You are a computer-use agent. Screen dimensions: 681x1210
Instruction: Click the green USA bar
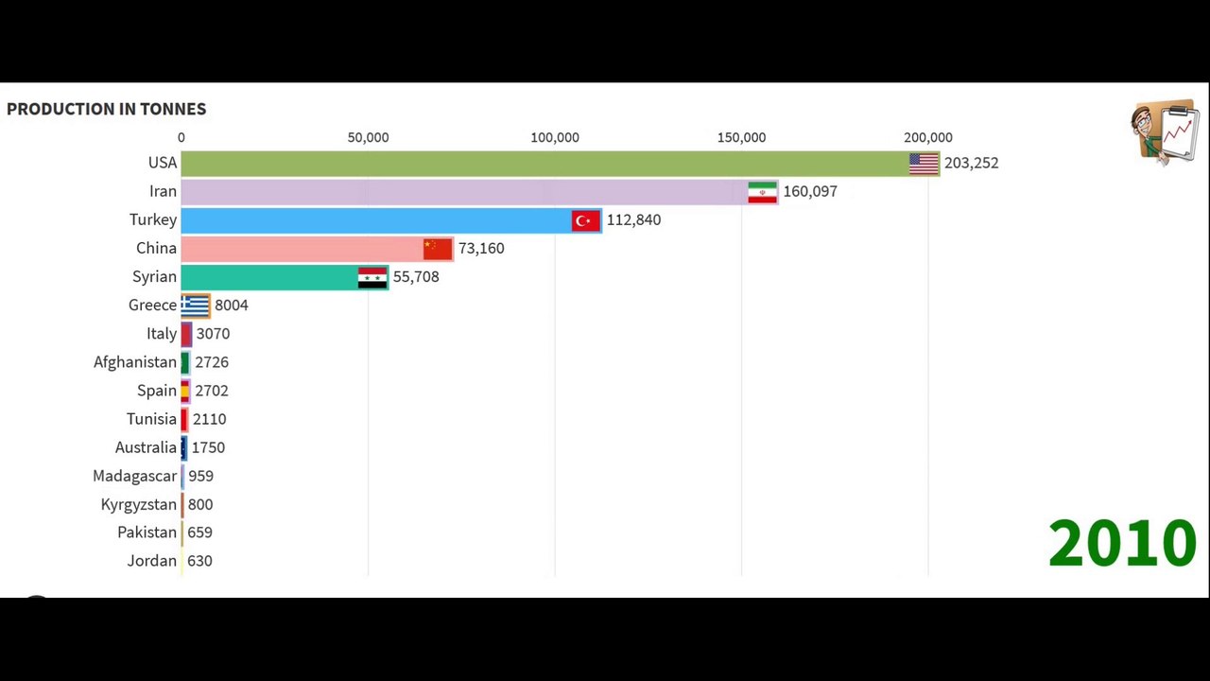[x=544, y=163]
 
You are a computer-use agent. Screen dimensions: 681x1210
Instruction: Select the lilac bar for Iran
[x=463, y=191]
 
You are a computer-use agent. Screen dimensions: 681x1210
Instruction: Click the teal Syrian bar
[x=268, y=276]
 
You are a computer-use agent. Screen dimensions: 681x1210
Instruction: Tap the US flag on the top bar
[x=924, y=163]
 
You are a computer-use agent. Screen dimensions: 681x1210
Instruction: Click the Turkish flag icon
[x=585, y=219]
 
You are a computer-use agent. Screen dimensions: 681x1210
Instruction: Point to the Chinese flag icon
[x=438, y=248]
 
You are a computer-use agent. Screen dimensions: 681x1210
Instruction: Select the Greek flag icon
[x=196, y=305]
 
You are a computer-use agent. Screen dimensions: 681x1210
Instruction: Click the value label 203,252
[x=971, y=163]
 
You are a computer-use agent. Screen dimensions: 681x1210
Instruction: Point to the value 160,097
[x=810, y=191]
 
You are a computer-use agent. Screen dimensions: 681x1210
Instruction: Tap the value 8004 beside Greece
[x=232, y=305]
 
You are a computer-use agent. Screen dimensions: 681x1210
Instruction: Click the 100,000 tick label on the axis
[x=555, y=137]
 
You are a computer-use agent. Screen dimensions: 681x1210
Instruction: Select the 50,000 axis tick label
[x=368, y=137]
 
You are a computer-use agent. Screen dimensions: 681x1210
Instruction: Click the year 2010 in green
[x=1122, y=543]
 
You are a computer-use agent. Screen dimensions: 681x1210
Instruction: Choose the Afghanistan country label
[x=135, y=361]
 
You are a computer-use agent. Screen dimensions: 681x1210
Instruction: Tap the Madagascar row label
[x=135, y=476]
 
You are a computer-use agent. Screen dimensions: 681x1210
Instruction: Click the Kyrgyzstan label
[x=139, y=504]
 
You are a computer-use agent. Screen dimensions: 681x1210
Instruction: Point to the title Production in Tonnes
[x=106, y=109]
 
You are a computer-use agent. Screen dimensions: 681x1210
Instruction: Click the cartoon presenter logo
[x=1165, y=132]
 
